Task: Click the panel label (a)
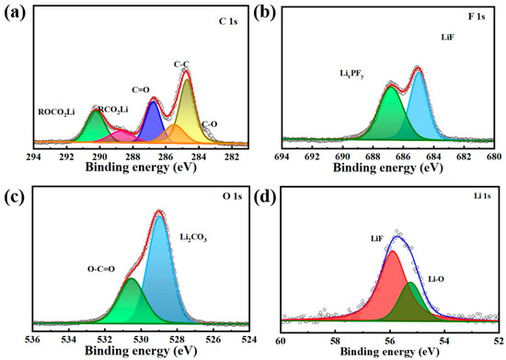12,12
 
